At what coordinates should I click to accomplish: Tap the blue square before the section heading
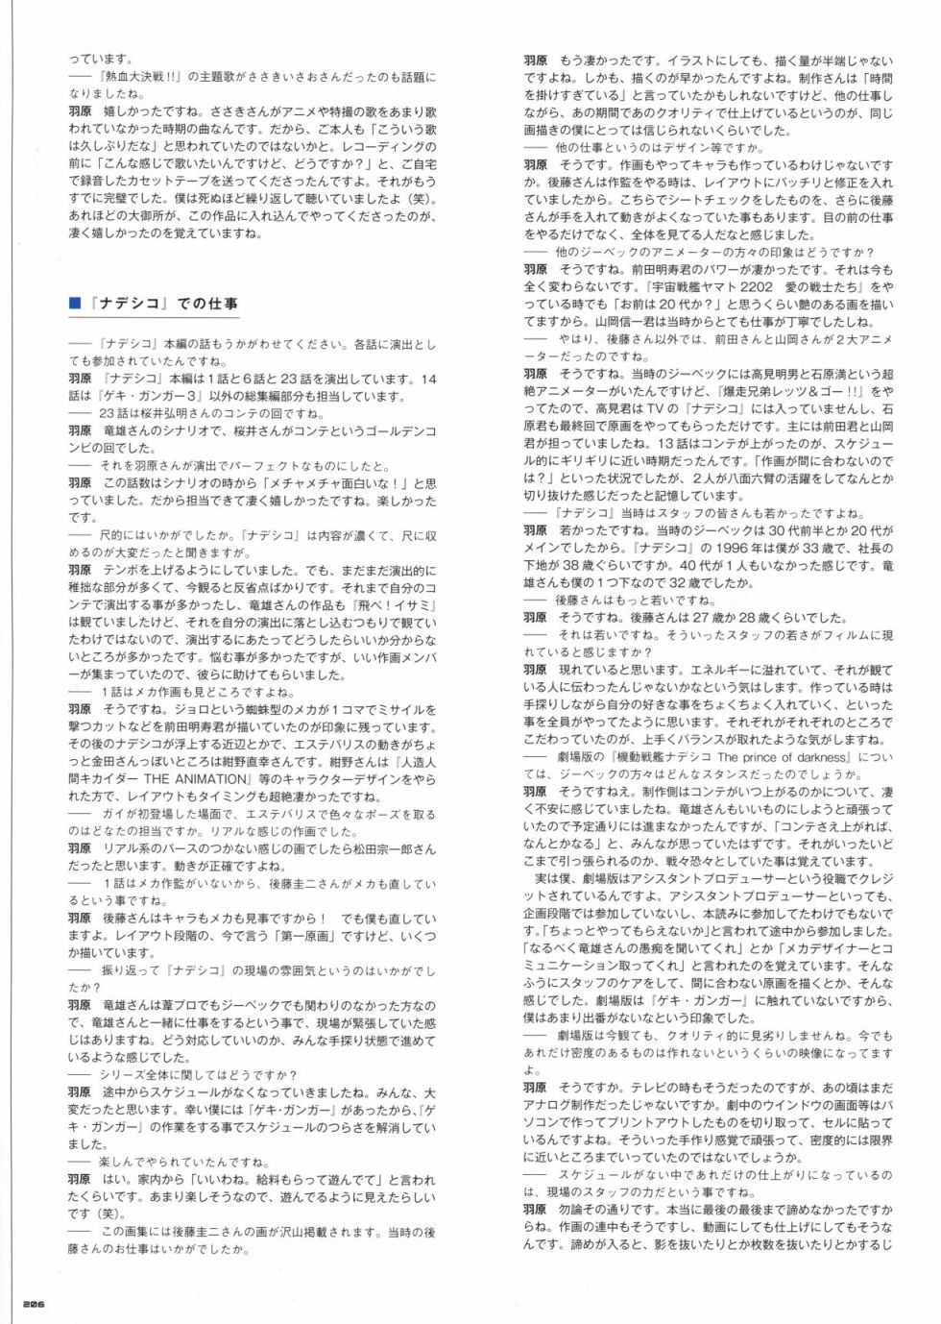point(74,304)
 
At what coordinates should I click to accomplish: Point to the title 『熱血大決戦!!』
point(142,77)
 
